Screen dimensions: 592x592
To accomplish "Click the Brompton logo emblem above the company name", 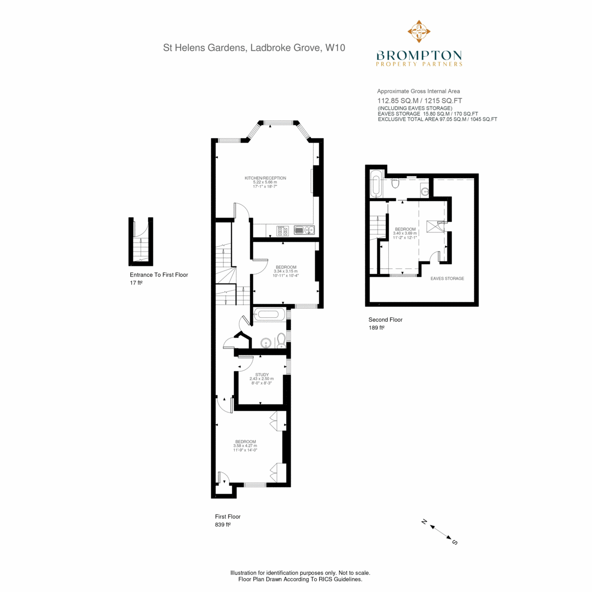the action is (419, 32).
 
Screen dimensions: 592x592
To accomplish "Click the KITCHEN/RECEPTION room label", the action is (265, 178).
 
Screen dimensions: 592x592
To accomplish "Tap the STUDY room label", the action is (262, 374).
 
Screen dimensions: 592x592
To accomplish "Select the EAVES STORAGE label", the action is (447, 278).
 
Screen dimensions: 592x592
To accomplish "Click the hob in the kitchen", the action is (283, 231).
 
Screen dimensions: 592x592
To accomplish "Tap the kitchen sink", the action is (304, 230).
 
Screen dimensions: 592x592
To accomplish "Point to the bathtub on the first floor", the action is (268, 314).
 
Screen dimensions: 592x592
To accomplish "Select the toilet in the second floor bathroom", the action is (395, 183).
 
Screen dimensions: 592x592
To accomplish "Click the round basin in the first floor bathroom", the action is (265, 342).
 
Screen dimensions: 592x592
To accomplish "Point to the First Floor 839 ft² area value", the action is (222, 524).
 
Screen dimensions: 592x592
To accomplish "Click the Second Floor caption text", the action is (385, 320).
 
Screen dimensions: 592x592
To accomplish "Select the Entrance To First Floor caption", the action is (159, 275).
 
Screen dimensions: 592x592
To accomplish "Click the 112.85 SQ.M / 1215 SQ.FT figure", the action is (420, 101).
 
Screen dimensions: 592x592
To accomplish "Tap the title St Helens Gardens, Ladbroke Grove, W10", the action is (254, 48).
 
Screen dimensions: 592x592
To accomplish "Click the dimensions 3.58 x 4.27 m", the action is (245, 446).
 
